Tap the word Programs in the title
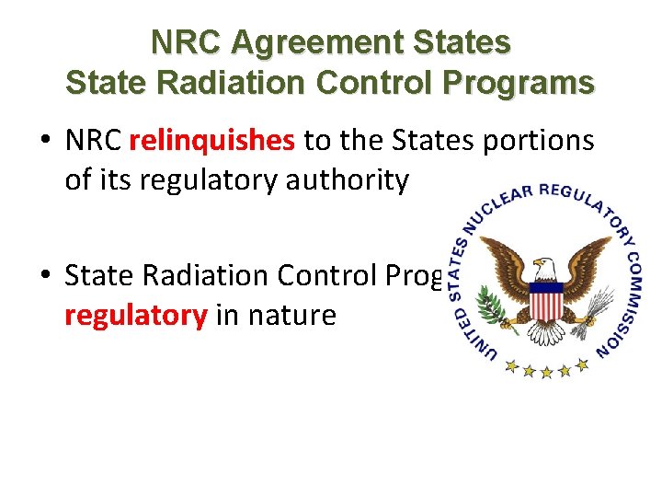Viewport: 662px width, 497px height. [x=522, y=82]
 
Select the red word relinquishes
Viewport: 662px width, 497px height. [x=212, y=141]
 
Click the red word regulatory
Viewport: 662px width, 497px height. [x=135, y=316]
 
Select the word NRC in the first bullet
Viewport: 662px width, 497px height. [x=95, y=141]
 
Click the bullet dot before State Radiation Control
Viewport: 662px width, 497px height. [x=45, y=276]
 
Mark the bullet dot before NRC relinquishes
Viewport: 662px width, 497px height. [x=45, y=141]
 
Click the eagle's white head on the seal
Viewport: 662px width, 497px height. [x=544, y=269]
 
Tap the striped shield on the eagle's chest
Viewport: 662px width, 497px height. [x=548, y=300]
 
